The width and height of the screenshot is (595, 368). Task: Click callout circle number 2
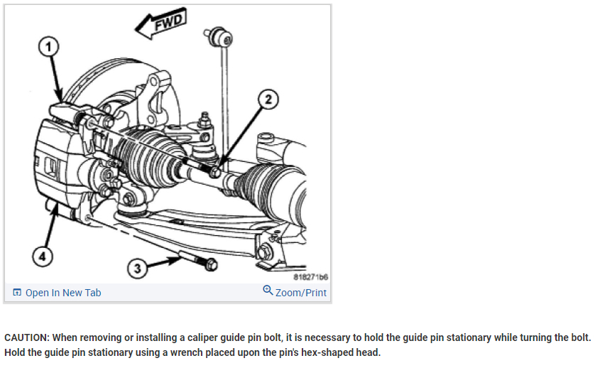pos(268,99)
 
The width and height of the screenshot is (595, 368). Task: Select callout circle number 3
pos(138,268)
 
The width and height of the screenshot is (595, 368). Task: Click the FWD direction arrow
pos(160,26)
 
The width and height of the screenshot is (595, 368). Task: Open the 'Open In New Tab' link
pos(62,293)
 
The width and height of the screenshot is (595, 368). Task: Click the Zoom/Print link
pos(300,292)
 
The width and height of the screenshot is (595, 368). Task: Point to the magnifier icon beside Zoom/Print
pos(268,291)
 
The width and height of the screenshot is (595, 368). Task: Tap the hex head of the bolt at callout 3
pos(210,265)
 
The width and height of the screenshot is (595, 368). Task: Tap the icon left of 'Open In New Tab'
pos(16,293)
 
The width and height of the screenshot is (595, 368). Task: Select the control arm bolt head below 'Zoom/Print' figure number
pos(266,251)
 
